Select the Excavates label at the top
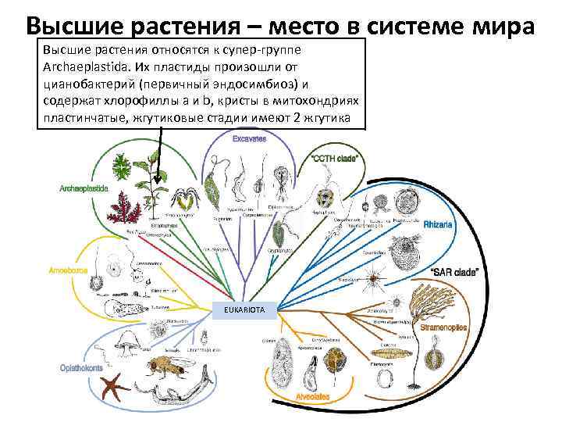[249, 139]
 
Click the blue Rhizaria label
[441, 224]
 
